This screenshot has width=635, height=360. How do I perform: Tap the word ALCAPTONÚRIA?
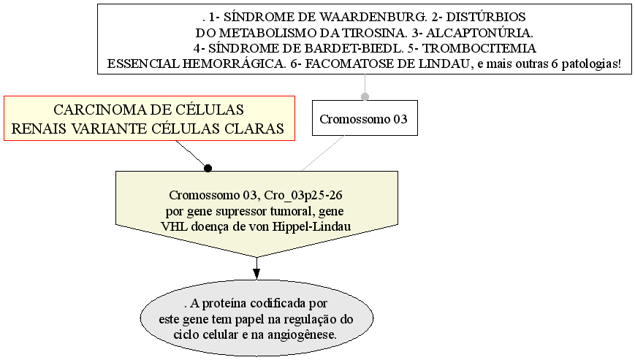479,33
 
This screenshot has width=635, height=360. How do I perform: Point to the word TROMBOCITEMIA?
479,48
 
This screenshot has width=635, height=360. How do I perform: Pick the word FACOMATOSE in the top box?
350,64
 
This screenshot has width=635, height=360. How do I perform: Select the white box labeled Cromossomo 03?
365,118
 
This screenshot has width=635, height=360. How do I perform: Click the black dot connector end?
208,168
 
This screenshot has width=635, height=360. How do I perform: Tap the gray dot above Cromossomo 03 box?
365,96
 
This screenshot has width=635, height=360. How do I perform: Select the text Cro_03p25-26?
303,196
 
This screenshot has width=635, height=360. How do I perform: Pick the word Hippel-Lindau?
311,226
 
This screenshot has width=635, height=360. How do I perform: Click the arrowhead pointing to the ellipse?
256,274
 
